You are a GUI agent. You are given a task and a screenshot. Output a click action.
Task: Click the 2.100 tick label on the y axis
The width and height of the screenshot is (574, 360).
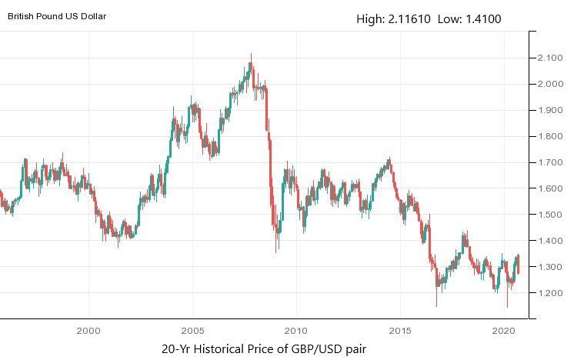tap(549, 58)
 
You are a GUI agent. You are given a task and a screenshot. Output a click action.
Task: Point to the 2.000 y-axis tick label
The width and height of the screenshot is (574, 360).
tap(549, 85)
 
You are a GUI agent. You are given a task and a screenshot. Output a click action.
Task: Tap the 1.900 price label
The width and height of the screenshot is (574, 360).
tap(549, 111)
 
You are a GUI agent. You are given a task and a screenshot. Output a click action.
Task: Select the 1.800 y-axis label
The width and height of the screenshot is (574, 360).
tap(549, 137)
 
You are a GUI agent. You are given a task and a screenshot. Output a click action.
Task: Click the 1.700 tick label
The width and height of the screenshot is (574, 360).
tap(549, 163)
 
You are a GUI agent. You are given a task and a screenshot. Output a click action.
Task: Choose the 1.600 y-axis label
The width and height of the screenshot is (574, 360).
tap(549, 189)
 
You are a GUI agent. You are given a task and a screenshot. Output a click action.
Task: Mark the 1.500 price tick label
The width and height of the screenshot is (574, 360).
tap(549, 215)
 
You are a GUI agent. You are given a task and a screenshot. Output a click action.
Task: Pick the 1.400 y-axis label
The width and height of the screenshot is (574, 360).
tap(549, 242)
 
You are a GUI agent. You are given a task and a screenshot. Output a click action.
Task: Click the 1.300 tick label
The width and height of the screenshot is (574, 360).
tap(549, 268)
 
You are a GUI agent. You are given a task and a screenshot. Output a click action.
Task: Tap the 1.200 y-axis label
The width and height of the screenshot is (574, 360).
tap(549, 294)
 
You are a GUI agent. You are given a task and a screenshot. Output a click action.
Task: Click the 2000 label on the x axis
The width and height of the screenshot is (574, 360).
tap(88, 330)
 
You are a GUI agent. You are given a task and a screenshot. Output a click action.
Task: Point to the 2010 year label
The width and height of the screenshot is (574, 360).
tap(295, 330)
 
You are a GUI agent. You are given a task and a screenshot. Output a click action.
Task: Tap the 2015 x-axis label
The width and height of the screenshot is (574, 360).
tap(399, 330)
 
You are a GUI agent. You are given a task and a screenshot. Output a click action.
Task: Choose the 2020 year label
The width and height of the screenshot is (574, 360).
tap(503, 330)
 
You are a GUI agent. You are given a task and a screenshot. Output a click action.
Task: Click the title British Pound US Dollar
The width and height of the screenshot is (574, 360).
tap(57, 15)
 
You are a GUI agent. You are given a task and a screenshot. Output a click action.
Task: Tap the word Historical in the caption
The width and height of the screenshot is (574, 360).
tap(229, 348)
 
